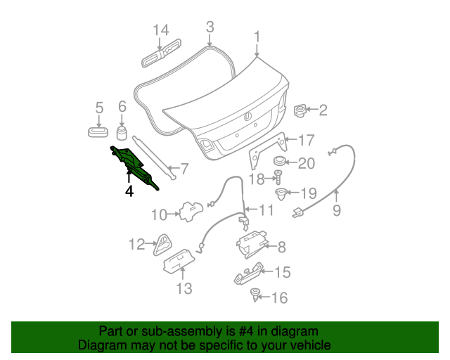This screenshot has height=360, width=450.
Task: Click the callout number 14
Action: [161, 30]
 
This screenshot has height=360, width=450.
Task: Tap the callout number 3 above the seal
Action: [210, 27]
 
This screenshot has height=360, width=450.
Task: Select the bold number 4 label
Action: [129, 190]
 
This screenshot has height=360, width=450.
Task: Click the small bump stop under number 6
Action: [121, 134]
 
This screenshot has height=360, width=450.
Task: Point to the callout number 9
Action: [336, 210]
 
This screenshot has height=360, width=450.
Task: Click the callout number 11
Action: [266, 210]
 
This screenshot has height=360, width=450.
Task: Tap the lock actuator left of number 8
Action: [250, 243]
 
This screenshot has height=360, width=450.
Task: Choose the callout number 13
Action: [183, 288]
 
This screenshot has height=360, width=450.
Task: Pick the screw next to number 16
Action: [255, 296]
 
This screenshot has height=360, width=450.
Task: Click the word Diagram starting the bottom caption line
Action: [101, 345]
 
